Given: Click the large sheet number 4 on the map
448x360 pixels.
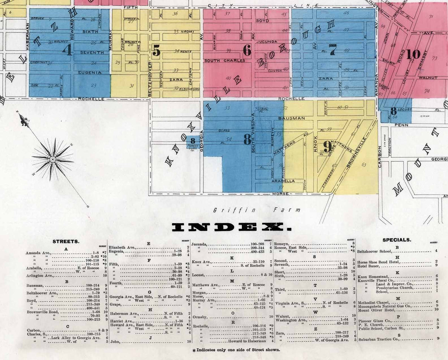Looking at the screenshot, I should coord(67,50).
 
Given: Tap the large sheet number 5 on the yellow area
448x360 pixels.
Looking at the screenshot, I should coord(156,52).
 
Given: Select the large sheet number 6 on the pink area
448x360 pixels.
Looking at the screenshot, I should coord(247,50).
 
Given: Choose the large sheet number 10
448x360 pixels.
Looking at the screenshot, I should coord(413,54).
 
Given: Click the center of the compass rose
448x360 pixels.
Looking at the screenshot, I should coord(53,159).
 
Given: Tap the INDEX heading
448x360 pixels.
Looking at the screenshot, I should coord(231,228).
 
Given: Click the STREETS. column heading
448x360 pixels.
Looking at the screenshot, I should coord(66,242).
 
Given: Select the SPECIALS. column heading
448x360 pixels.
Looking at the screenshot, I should coord(397,240).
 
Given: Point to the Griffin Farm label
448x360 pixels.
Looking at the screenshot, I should coord(257,210).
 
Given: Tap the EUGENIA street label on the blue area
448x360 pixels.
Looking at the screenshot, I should coord(89,73).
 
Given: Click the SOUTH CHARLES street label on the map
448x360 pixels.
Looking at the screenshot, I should coord(225,60).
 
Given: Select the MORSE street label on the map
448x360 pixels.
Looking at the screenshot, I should coord(280,194).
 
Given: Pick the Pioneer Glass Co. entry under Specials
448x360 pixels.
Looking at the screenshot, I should coord(375,320).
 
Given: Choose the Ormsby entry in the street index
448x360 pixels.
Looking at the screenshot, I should coord(199,316).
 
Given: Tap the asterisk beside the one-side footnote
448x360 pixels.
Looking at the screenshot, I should coord(194,349).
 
